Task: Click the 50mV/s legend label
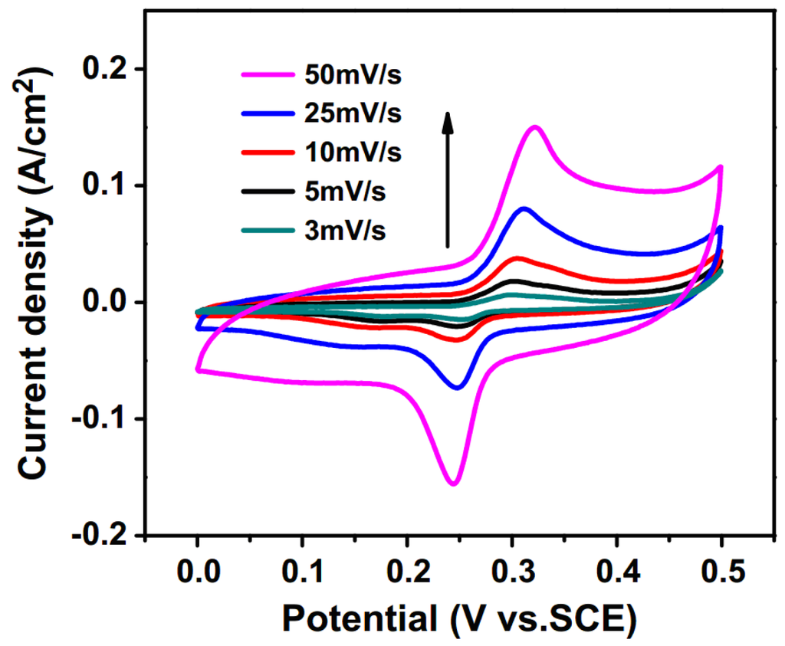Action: [353, 76]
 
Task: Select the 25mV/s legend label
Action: [353, 113]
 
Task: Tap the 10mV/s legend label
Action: [353, 152]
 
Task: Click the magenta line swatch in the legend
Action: [265, 76]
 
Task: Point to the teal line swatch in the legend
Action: [265, 228]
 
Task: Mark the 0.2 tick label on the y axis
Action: [107, 70]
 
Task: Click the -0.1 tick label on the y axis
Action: [100, 419]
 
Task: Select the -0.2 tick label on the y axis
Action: [100, 536]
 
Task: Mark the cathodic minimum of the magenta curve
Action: [453, 484]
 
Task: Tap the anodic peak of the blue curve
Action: [524, 208]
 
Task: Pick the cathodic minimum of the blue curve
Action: [458, 388]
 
